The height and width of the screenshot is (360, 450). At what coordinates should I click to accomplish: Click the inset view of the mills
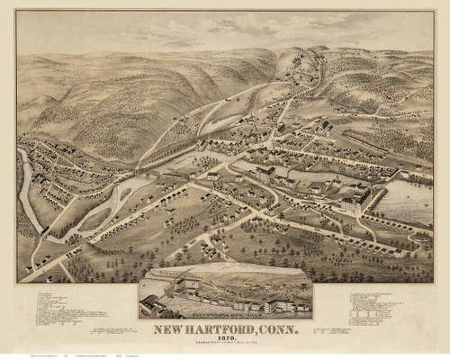225,289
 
